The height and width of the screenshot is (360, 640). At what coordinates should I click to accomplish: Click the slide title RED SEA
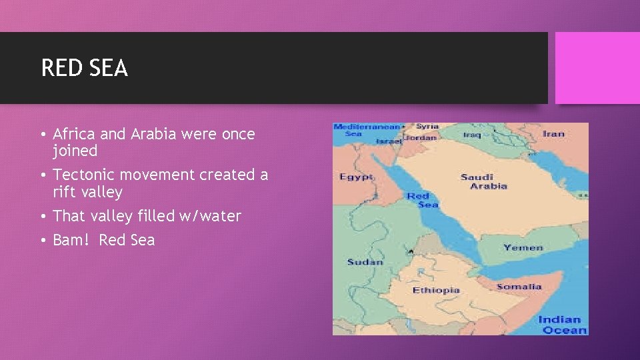pyautogui.click(x=84, y=68)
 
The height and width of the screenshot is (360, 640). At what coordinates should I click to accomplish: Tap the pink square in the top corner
pyautogui.click(x=597, y=68)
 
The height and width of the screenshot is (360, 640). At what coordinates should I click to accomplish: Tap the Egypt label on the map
pyautogui.click(x=356, y=177)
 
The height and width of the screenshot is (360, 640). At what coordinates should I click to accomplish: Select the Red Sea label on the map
pyautogui.click(x=422, y=200)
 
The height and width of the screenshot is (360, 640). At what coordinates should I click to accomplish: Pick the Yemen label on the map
pyautogui.click(x=523, y=247)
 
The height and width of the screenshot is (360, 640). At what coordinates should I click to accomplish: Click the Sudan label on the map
pyautogui.click(x=365, y=262)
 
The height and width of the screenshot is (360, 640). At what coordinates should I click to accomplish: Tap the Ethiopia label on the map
pyautogui.click(x=436, y=290)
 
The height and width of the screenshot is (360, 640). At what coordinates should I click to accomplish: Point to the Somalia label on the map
pyautogui.click(x=519, y=287)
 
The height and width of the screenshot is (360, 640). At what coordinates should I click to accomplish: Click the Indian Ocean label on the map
pyautogui.click(x=562, y=325)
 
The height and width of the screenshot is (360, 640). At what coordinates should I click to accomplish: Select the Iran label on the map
pyautogui.click(x=553, y=133)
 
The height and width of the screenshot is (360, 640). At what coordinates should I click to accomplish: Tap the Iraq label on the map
pyautogui.click(x=471, y=134)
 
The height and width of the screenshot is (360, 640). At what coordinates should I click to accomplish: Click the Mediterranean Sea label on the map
pyautogui.click(x=366, y=130)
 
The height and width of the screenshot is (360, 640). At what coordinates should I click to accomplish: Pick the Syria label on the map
pyautogui.click(x=427, y=126)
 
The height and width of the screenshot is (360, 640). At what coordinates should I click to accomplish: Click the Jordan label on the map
pyautogui.click(x=421, y=137)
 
